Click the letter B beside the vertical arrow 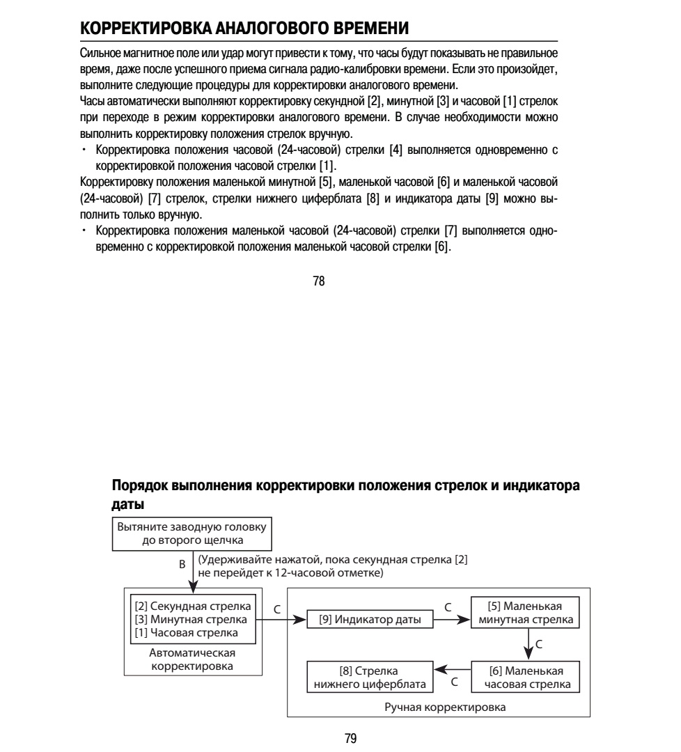click(182, 565)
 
